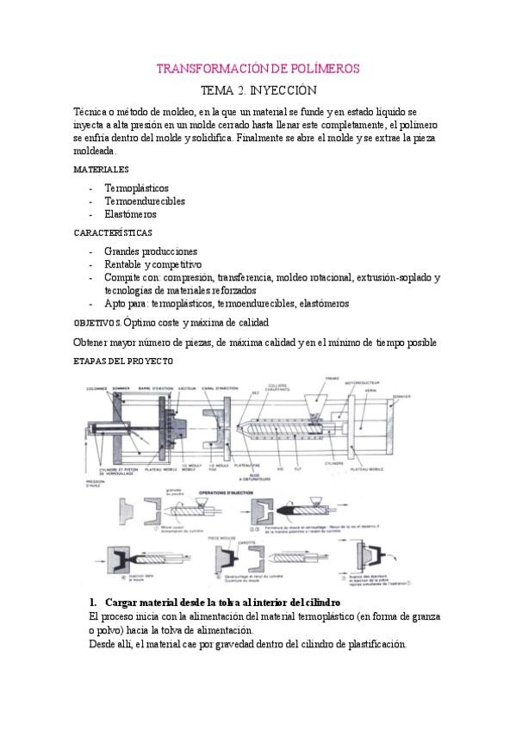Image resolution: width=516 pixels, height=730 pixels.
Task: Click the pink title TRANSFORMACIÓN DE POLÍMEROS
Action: pyautogui.click(x=258, y=68)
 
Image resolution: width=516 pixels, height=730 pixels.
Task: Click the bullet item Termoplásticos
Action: pyautogui.click(x=136, y=187)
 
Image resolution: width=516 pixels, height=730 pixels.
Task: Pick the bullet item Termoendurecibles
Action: pyautogui.click(x=144, y=201)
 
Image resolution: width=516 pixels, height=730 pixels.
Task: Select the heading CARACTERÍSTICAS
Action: pyautogui.click(x=113, y=232)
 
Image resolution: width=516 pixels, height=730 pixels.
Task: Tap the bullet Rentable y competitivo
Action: pyautogui.click(x=152, y=264)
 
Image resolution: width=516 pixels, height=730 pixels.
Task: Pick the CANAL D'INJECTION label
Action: pyautogui.click(x=225, y=386)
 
